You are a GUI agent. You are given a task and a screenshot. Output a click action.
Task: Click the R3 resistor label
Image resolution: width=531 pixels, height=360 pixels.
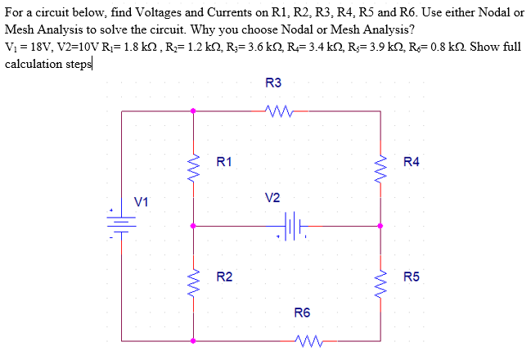(x=274, y=83)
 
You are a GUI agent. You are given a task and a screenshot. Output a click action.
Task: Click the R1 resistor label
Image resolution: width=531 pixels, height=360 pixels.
(x=223, y=162)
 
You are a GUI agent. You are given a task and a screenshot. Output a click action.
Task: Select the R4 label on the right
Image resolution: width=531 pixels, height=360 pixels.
(x=412, y=162)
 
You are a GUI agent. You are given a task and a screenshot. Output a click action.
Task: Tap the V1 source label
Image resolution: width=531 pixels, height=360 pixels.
(x=142, y=200)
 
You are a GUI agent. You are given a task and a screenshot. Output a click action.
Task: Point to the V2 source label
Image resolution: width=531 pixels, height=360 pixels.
(x=272, y=198)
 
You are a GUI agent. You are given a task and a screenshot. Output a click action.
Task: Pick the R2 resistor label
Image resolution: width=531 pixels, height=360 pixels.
(x=223, y=277)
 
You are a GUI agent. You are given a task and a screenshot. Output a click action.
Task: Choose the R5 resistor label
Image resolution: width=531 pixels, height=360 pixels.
(x=412, y=277)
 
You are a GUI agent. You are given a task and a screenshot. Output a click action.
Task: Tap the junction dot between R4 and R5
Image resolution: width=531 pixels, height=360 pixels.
(x=381, y=225)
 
